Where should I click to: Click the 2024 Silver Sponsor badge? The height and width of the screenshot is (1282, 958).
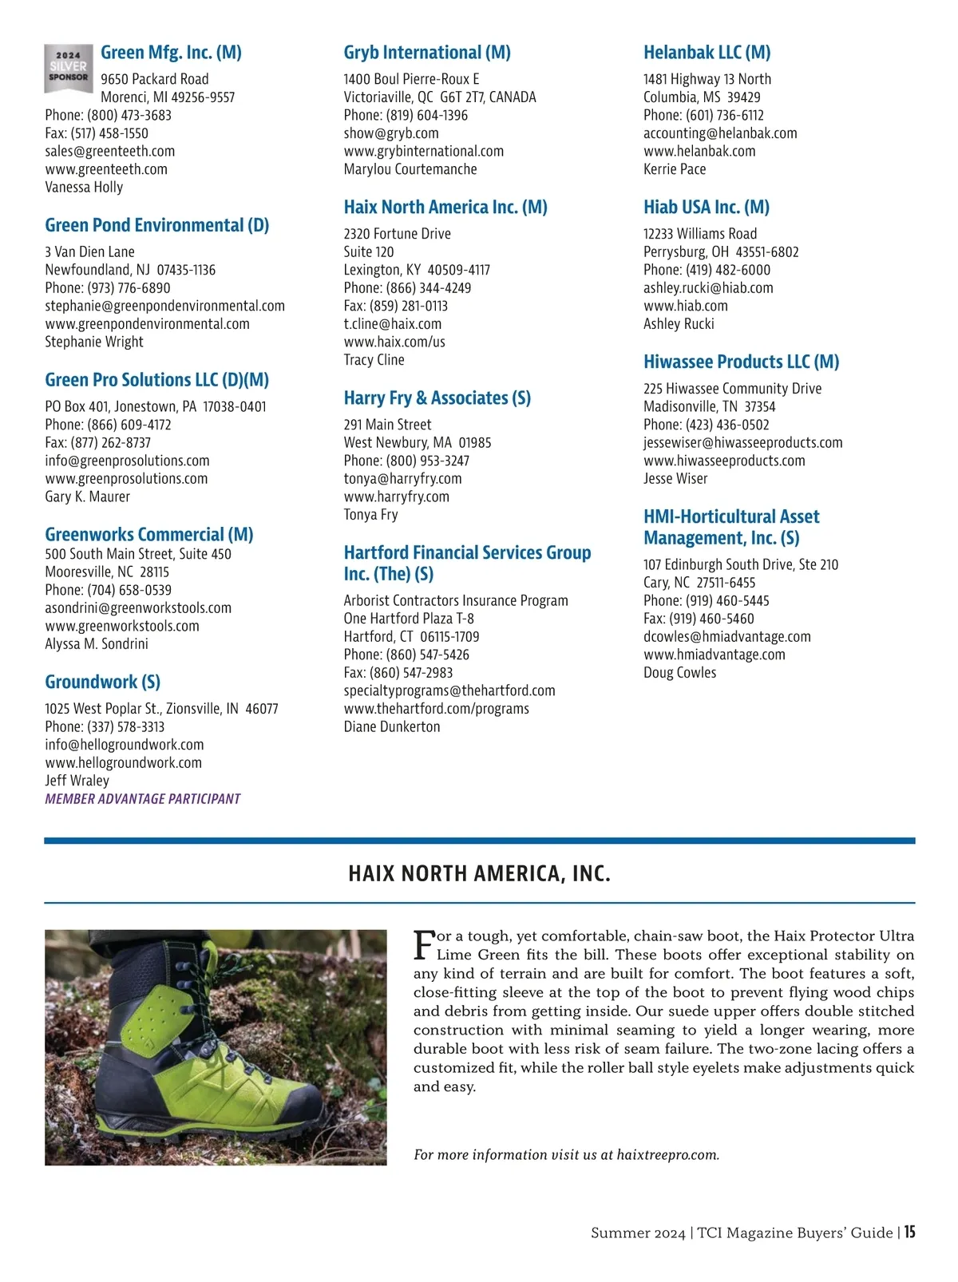click(x=67, y=68)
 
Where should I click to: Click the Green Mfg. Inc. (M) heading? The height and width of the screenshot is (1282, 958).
click(x=171, y=53)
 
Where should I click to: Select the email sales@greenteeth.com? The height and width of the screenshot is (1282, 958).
click(x=109, y=151)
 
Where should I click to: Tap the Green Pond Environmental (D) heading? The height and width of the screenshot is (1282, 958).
click(x=156, y=225)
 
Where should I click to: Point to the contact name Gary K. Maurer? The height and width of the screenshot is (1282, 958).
click(x=87, y=497)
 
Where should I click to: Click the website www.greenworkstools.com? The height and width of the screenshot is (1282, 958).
click(x=122, y=626)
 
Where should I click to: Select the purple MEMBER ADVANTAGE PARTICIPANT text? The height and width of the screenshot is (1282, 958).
click(x=142, y=798)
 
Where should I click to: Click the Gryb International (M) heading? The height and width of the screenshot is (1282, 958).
click(x=427, y=53)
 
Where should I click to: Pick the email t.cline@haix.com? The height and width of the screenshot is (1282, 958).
click(x=392, y=324)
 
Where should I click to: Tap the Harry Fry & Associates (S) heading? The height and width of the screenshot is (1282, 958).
click(x=437, y=398)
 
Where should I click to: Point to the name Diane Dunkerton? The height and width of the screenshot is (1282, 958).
click(x=391, y=726)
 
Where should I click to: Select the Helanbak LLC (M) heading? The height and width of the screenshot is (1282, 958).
click(x=707, y=53)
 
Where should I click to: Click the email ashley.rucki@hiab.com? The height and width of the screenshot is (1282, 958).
click(x=708, y=288)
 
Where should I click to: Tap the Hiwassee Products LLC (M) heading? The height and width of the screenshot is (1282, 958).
click(x=741, y=362)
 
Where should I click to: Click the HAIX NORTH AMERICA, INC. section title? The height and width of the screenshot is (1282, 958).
click(x=479, y=873)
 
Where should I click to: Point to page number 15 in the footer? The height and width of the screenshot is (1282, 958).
click(x=909, y=1232)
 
